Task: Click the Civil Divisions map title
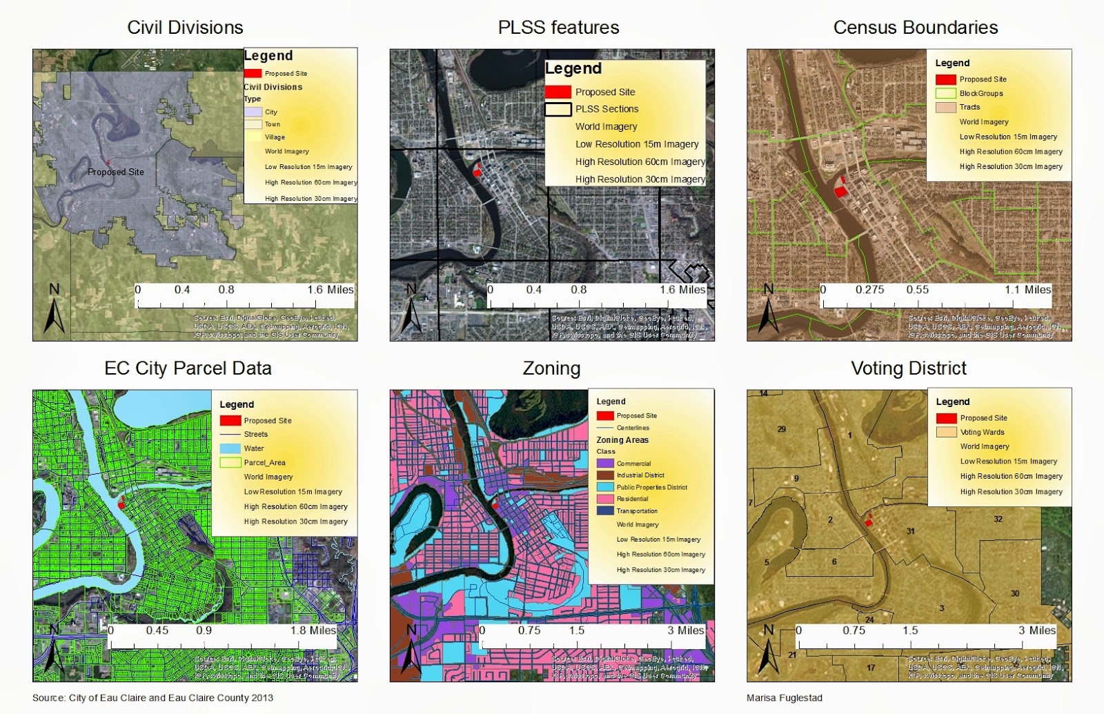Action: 185,28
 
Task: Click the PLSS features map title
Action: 558,28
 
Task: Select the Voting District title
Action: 909,368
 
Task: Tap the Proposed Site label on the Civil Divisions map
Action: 116,172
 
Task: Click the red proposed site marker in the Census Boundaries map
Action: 840,190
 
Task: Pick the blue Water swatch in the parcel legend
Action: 230,448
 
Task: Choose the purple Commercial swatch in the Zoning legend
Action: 605,464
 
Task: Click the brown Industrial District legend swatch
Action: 605,475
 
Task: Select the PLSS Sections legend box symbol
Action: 558,109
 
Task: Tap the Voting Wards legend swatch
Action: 946,433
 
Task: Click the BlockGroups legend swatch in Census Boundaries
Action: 945,93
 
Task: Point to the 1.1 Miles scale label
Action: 1027,290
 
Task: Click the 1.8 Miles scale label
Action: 313,631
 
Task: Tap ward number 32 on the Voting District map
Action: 998,519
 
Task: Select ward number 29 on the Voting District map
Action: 781,429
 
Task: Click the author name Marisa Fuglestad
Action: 785,697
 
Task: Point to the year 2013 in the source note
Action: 262,697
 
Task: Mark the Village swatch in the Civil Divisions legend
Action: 253,137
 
